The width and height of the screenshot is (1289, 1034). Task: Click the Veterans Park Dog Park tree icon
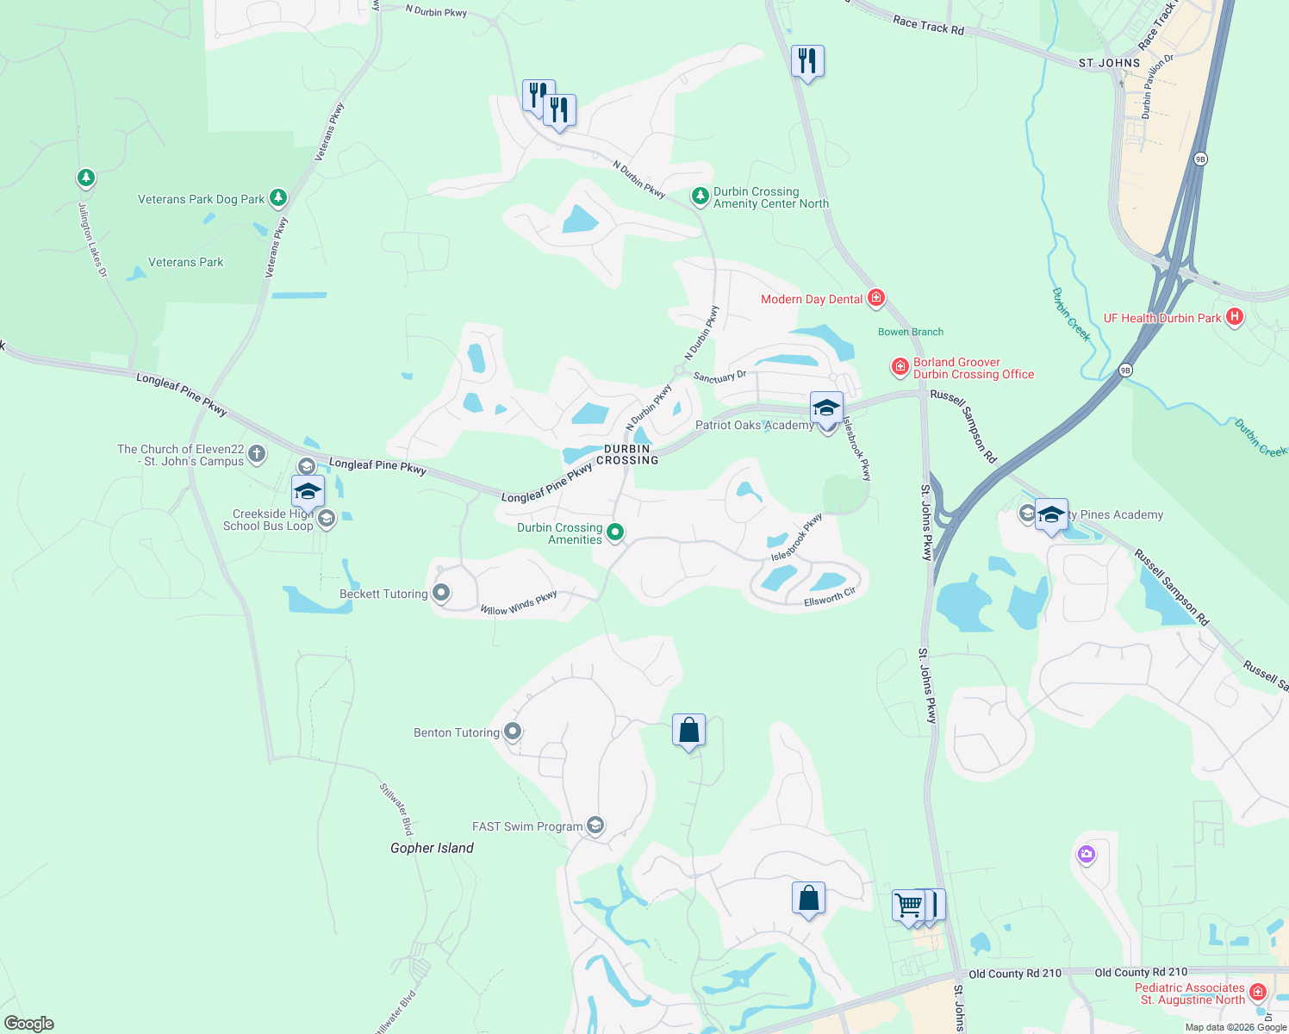pos(277,198)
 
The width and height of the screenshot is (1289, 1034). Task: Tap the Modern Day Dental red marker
pos(876,298)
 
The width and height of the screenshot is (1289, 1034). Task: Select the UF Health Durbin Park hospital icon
pos(1235,317)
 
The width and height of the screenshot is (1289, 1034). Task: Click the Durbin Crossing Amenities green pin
pos(615,533)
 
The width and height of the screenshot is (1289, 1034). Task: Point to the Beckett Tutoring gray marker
pos(441,593)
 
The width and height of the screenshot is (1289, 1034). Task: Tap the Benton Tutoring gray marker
pos(513,732)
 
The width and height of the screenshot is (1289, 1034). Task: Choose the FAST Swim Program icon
pos(595,825)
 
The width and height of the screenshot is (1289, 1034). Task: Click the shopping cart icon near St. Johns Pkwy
pos(908,906)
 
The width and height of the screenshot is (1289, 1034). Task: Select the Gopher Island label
pos(432,848)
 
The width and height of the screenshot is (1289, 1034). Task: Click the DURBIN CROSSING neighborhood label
pos(627,454)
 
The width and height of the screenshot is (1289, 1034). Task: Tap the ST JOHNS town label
pos(1109,63)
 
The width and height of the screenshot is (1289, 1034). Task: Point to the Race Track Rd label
pos(928,26)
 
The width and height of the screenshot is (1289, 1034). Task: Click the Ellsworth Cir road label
pos(829,596)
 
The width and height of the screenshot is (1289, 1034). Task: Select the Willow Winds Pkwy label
pos(519,603)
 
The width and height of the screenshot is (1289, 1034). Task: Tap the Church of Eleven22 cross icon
pos(257,454)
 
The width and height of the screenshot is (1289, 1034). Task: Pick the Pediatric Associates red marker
pos(1257,993)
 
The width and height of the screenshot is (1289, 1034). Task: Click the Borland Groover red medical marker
pos(900,368)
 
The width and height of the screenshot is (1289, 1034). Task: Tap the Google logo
pos(29,1024)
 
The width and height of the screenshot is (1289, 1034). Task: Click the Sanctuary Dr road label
pos(719,377)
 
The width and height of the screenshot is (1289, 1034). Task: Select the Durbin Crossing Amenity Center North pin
pos(701,197)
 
